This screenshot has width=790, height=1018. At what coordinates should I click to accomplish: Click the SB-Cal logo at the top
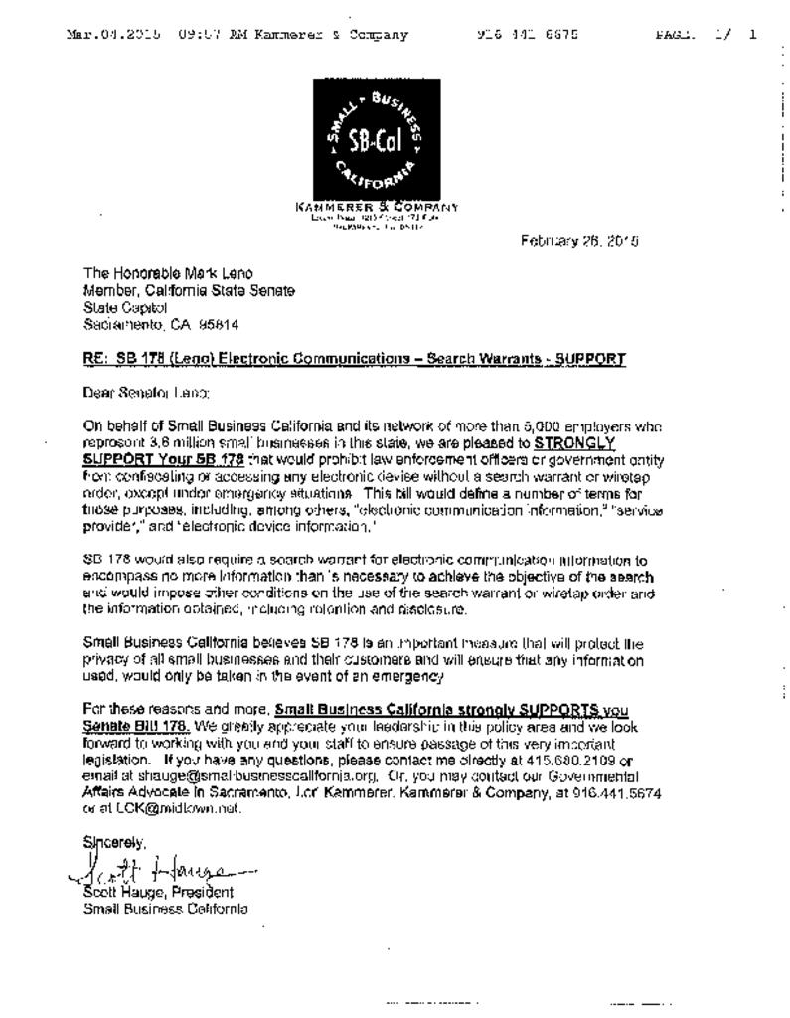click(377, 138)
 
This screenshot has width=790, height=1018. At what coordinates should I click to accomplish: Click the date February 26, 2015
click(579, 240)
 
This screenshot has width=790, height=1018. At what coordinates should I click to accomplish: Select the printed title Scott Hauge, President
click(159, 892)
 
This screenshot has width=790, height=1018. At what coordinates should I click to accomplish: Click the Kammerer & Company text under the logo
click(377, 207)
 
